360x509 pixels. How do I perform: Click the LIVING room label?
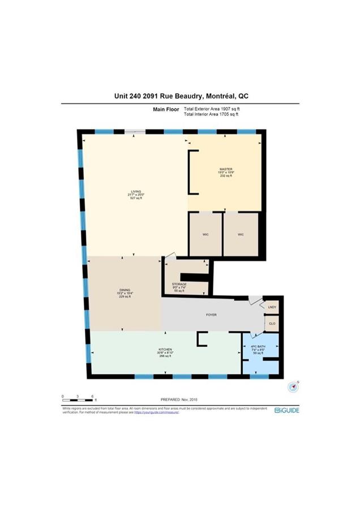[x=135, y=192]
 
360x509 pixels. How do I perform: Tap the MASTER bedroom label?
[x=226, y=169]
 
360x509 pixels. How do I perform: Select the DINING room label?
[x=125, y=290]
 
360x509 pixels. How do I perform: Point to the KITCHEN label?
[x=165, y=350]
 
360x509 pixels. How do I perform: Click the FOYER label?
[x=211, y=315]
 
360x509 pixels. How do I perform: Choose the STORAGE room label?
[x=179, y=284]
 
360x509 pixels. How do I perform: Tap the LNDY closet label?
[x=272, y=307]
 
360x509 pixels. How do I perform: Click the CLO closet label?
[x=272, y=323]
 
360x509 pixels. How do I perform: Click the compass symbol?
[x=293, y=387]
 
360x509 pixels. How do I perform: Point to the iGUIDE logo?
[x=286, y=410]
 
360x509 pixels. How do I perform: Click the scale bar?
[x=78, y=394]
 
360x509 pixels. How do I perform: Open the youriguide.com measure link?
[x=156, y=412]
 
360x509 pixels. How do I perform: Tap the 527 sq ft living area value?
[x=135, y=199]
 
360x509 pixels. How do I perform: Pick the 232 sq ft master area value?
[x=226, y=176]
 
